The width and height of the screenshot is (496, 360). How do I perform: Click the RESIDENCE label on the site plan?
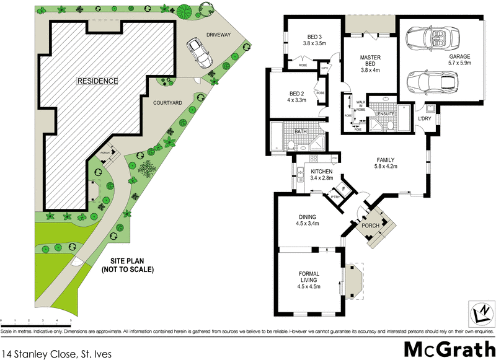97,81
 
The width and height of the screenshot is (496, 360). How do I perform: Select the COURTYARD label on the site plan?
167,105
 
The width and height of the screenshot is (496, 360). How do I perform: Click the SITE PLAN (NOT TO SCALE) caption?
128,266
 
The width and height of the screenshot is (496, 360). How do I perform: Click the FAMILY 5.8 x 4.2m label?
385,163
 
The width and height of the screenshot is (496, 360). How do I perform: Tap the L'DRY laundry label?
425,118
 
